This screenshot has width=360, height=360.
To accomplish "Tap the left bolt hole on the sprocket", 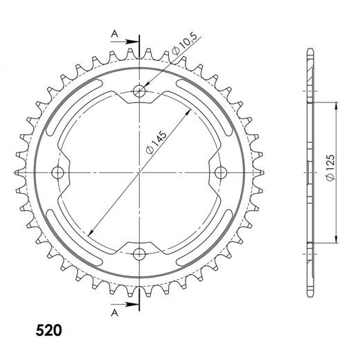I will coord(58,171).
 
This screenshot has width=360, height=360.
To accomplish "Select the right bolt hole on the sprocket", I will coord(221,171).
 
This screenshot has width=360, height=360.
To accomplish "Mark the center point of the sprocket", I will coord(140,171).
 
